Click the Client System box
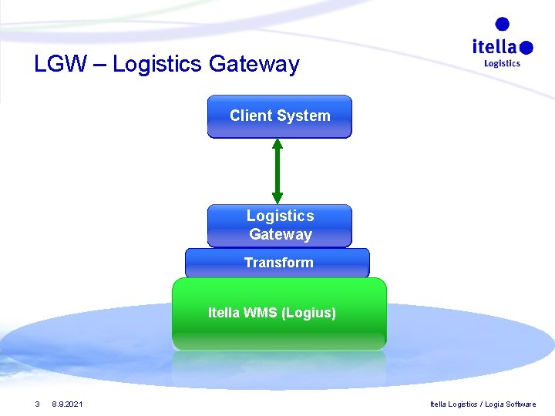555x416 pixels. pyautogui.click(x=279, y=116)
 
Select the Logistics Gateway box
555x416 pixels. pyautogui.click(x=279, y=225)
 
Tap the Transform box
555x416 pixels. pyautogui.click(x=277, y=263)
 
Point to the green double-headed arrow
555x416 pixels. pyautogui.click(x=277, y=171)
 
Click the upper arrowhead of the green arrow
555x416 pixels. pyautogui.click(x=277, y=145)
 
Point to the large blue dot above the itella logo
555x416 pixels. pyautogui.click(x=503, y=25)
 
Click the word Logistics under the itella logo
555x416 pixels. pyautogui.click(x=502, y=63)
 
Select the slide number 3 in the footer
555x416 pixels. pyautogui.click(x=37, y=404)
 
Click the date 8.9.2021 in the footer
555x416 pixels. pyautogui.click(x=69, y=404)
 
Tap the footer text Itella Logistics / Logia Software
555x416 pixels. pyautogui.click(x=483, y=404)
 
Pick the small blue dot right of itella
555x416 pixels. pyautogui.click(x=526, y=48)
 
